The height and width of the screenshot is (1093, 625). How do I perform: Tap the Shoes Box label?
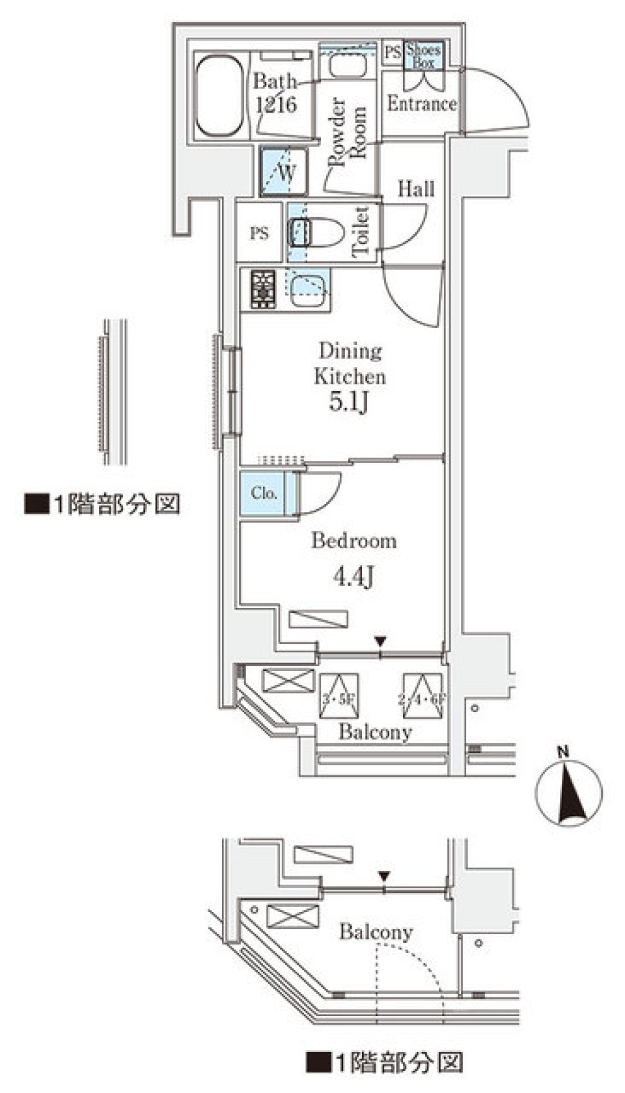423,56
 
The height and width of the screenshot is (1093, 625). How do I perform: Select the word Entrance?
421,104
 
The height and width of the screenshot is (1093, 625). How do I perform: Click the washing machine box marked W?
284,173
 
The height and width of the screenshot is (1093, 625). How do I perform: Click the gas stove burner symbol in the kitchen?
263,288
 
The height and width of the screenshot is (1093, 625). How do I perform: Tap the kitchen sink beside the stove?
307,288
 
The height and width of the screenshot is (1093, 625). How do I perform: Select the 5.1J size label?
349,402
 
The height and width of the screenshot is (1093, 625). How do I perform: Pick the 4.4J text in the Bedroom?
354,576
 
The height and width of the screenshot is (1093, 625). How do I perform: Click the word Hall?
415,189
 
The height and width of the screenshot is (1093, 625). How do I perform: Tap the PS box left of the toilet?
260,232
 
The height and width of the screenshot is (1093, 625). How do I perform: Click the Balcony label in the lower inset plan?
376,932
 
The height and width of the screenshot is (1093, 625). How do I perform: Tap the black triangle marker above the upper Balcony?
381,642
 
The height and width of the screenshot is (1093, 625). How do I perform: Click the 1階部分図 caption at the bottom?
385,1062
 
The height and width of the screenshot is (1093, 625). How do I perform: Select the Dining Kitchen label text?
350,364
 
